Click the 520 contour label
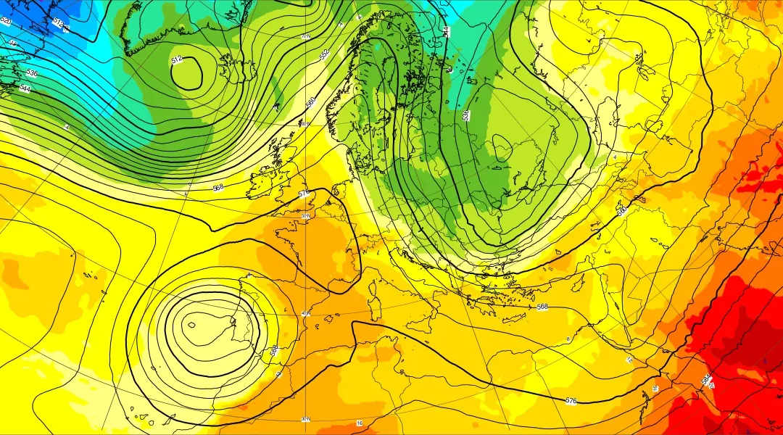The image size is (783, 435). point(7,21)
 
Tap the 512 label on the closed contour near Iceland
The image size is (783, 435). point(177,60)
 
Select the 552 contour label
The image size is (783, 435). point(324,54)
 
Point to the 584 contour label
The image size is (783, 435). point(705,379)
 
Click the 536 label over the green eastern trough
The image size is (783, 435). point(465,115)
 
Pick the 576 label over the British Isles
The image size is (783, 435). point(304,194)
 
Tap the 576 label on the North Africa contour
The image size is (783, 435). point(571,400)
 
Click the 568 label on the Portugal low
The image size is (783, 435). point(275,350)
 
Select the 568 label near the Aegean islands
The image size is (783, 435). point(542,307)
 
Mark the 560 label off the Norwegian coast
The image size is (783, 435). point(310,104)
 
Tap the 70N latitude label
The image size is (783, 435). point(306,36)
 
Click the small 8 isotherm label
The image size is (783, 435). point(568,339)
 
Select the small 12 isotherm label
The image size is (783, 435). point(629,360)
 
